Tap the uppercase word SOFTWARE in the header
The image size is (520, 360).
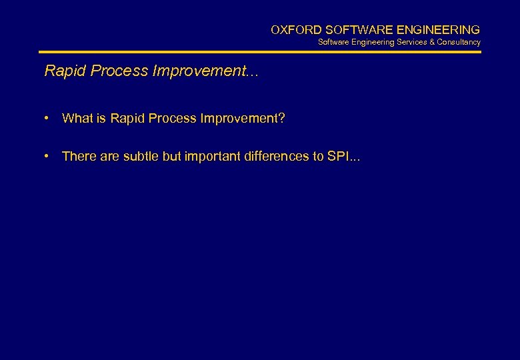(x=353, y=30)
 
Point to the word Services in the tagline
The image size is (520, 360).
(x=414, y=42)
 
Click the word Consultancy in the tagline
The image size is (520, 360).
(x=459, y=42)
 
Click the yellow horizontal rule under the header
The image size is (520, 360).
(x=260, y=52)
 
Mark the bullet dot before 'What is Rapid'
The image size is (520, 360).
(x=48, y=119)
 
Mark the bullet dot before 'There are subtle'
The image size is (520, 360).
(x=48, y=157)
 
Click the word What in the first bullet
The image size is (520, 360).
(x=77, y=119)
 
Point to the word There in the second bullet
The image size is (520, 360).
(x=79, y=157)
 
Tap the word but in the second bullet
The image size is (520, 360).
(x=171, y=157)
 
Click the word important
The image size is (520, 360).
(x=210, y=157)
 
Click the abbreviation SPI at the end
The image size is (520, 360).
(x=338, y=157)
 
